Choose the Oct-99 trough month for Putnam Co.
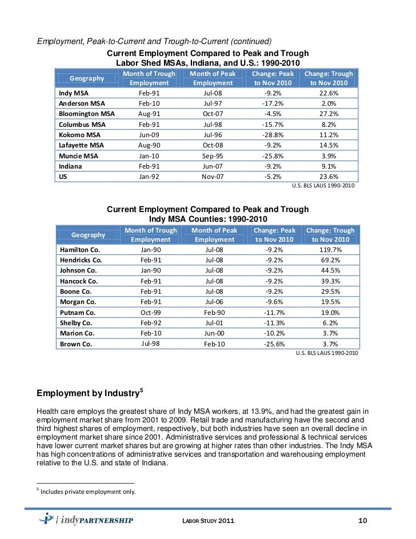coord(151,313)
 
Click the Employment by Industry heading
coord(88,394)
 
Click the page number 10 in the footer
coord(361,520)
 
